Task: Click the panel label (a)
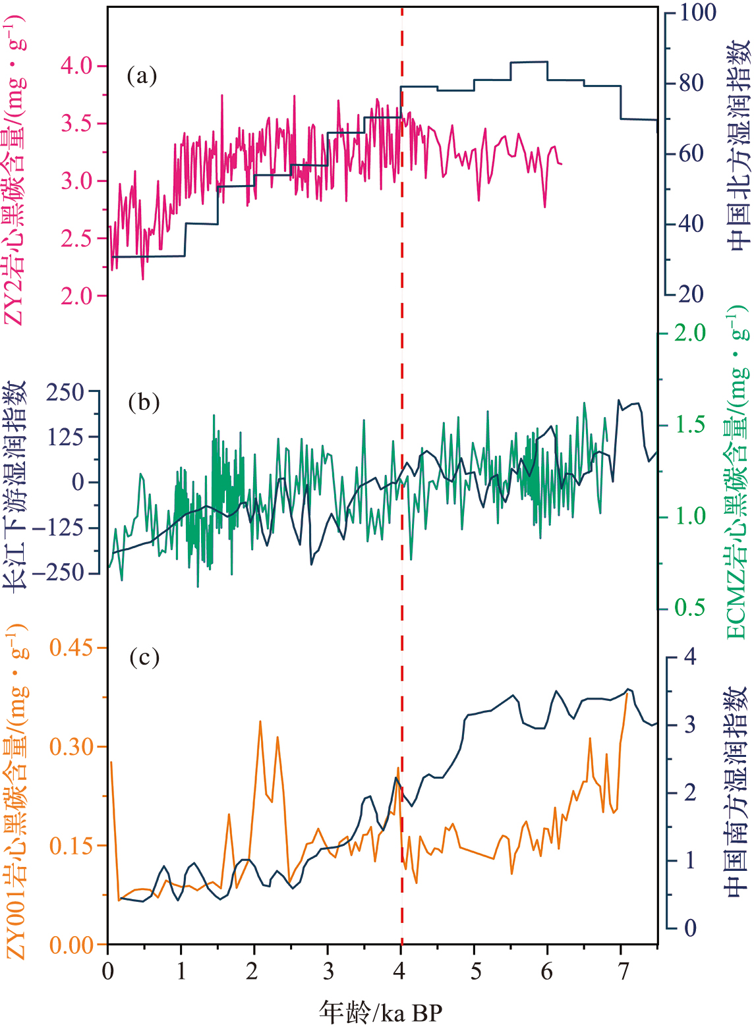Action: click(142, 76)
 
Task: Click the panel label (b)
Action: click(144, 402)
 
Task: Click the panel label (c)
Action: click(144, 657)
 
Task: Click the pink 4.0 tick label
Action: click(78, 67)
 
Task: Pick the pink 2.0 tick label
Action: click(78, 296)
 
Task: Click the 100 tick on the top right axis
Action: click(698, 12)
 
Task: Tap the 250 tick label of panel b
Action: click(65, 393)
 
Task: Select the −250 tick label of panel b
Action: click(59, 572)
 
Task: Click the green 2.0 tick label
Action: click(689, 333)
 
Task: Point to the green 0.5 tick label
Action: click(689, 607)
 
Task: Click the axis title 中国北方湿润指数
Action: click(738, 145)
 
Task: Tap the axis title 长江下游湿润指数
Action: click(16, 484)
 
